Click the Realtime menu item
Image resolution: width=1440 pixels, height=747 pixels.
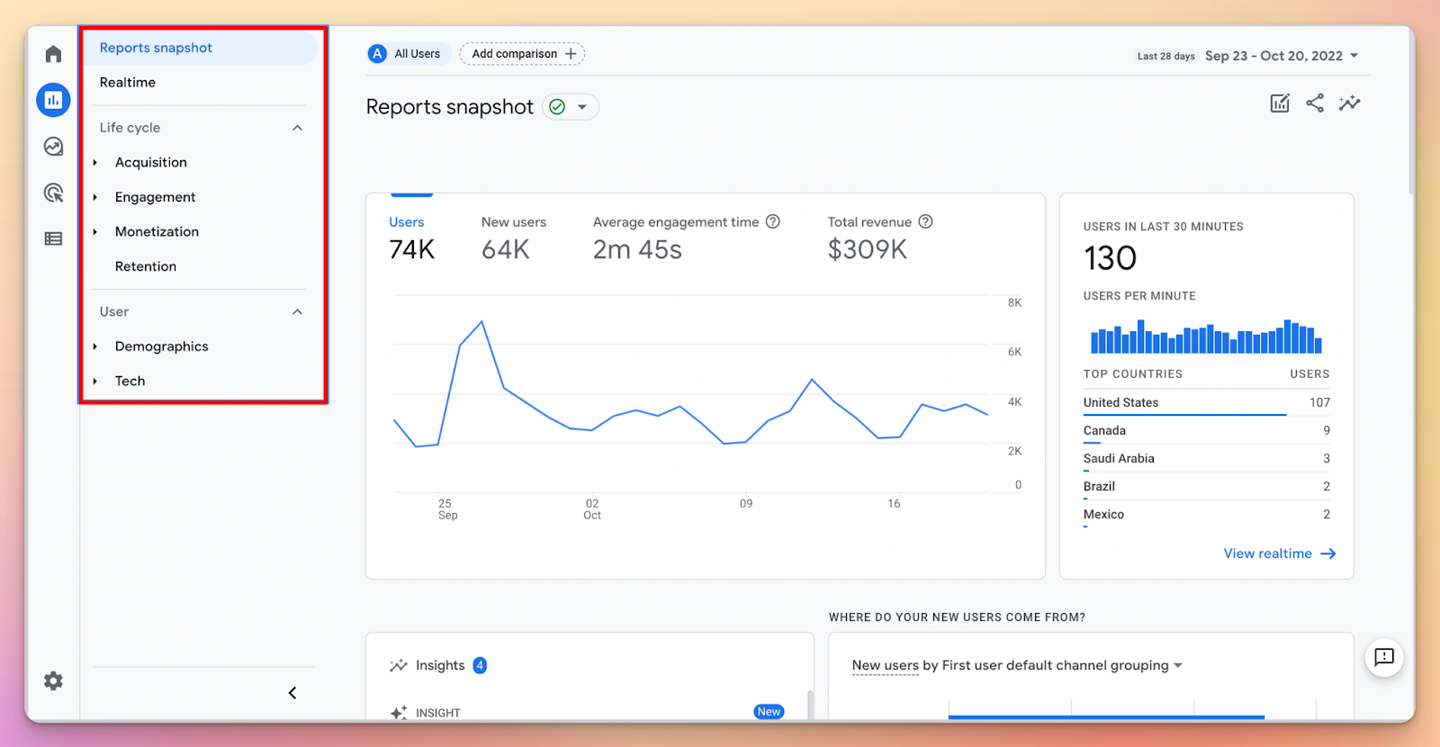click(128, 83)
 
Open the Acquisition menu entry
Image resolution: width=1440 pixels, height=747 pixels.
click(151, 163)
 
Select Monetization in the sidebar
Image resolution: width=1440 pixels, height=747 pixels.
click(157, 232)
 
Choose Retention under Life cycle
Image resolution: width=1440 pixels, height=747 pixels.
click(146, 266)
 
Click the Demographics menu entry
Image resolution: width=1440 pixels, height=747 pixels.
click(161, 346)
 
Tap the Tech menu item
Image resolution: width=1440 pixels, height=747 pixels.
click(130, 382)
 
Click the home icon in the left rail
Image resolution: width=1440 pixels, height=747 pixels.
click(53, 55)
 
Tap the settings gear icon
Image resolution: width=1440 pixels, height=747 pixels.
click(53, 681)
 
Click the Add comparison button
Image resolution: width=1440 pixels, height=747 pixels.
click(522, 54)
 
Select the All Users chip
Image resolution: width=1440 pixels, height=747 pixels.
click(405, 54)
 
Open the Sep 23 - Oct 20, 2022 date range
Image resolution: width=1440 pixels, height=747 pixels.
click(1281, 56)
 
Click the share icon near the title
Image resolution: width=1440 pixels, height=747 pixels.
click(1315, 103)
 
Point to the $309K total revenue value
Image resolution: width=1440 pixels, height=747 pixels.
click(867, 250)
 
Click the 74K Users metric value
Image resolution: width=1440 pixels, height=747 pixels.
click(412, 250)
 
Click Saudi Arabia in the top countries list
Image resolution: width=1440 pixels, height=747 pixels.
click(1119, 459)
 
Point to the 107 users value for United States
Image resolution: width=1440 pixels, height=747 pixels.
click(1319, 403)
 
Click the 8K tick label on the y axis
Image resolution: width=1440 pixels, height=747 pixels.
click(1014, 303)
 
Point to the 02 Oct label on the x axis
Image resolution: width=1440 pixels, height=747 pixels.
click(592, 509)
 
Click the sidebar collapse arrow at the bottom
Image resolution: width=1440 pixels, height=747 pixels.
click(292, 693)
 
